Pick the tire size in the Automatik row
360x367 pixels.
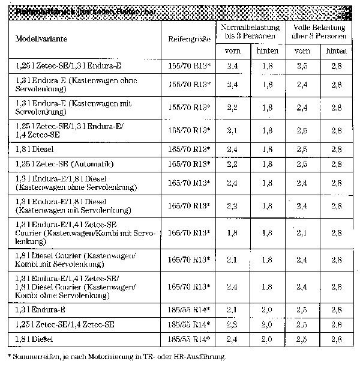tap(190, 164)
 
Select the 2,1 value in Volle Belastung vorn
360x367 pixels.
tap(302, 232)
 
